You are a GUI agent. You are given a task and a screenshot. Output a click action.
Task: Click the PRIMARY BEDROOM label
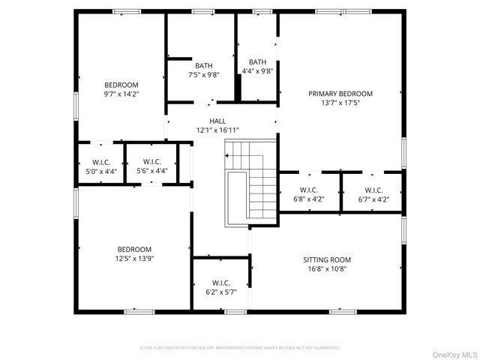[x=340, y=94]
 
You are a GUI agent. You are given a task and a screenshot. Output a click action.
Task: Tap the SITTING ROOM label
[x=326, y=259]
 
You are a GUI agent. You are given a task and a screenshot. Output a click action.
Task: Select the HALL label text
[x=217, y=121]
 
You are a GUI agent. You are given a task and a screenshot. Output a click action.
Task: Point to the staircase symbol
[x=252, y=182]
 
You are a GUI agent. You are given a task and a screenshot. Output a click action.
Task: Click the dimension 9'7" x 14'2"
[x=121, y=94]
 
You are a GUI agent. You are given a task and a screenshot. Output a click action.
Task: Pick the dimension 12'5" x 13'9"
[x=134, y=258]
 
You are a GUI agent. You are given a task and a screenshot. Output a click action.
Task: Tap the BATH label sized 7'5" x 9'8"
[x=203, y=64]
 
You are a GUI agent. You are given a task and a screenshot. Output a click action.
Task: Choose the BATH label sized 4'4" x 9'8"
[x=257, y=62]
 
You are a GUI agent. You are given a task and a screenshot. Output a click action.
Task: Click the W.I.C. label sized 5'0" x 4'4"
[x=101, y=162]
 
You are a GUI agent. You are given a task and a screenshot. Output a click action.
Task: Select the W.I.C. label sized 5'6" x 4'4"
[x=151, y=161]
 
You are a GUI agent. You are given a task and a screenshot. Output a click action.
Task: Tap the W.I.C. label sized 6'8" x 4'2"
[x=309, y=190]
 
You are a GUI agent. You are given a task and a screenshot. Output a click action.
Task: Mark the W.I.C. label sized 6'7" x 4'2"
[x=373, y=190]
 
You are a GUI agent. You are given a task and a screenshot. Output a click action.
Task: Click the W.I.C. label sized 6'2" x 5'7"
[x=220, y=283]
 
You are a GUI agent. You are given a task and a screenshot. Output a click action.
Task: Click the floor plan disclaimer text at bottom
[x=239, y=348]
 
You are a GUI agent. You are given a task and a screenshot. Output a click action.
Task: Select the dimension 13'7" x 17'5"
[x=340, y=103]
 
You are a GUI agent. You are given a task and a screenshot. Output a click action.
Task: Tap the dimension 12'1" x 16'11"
[x=217, y=130]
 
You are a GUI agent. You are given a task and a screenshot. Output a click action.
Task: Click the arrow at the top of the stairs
[x=226, y=155]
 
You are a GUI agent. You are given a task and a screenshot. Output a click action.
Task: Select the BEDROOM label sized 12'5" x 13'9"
[x=134, y=249]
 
